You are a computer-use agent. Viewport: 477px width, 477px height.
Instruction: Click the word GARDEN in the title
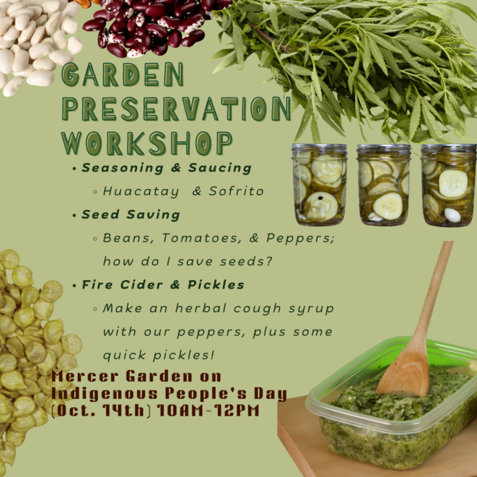[123, 74]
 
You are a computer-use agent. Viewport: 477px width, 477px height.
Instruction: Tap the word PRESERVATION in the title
[177, 108]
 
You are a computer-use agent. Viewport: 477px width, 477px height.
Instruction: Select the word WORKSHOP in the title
[147, 144]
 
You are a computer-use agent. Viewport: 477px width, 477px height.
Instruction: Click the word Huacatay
[141, 192]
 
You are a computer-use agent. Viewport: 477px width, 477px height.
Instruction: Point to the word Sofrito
[236, 191]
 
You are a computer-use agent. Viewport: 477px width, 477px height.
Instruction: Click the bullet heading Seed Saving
[131, 214]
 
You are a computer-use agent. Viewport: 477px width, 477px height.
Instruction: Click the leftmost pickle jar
[319, 185]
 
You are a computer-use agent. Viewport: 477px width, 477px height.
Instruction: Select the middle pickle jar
[384, 185]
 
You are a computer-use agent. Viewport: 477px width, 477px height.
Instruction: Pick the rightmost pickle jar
[449, 185]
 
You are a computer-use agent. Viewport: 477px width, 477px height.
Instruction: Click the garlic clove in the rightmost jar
[452, 215]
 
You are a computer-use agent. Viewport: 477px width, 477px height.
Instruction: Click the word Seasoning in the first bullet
[122, 168]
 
